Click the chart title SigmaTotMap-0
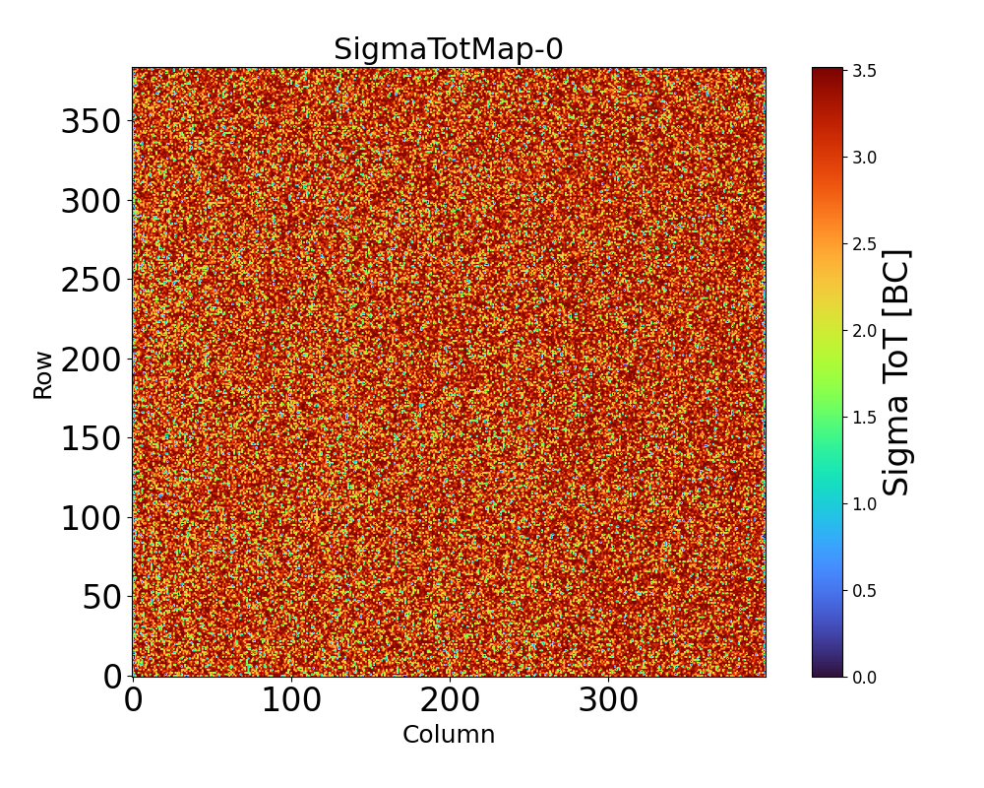point(448,49)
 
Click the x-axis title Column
point(448,735)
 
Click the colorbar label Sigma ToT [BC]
point(896,372)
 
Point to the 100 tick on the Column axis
point(291,701)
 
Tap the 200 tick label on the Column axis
point(450,701)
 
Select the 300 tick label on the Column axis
point(608,701)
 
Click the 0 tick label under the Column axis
point(134,701)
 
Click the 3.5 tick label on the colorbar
point(865,71)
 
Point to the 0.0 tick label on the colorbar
point(865,677)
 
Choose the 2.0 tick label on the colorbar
point(865,331)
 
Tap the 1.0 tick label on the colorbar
point(865,504)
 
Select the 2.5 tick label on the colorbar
point(865,244)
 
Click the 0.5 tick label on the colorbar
point(865,591)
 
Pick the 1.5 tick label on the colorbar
point(865,418)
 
